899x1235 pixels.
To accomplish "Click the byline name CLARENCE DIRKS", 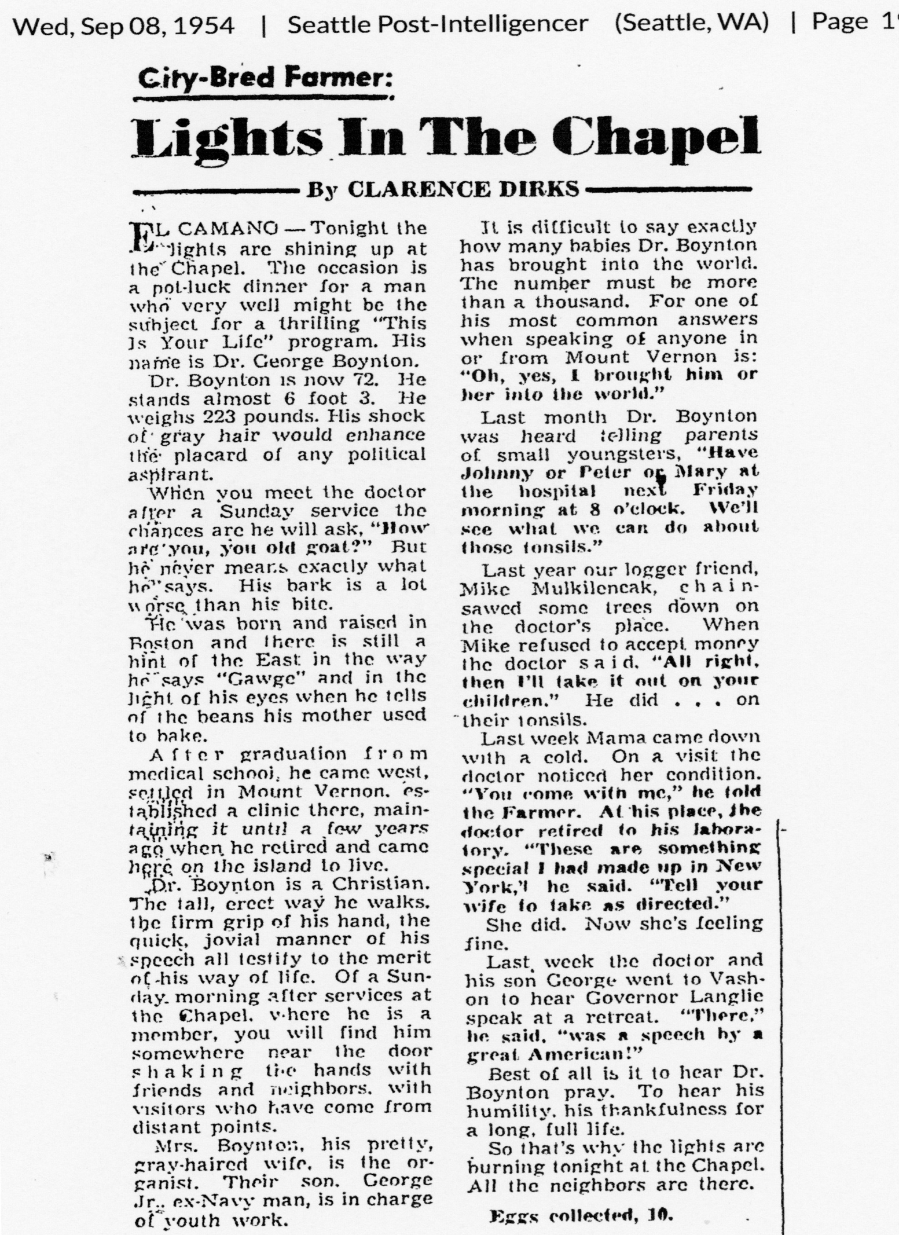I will coord(463,189).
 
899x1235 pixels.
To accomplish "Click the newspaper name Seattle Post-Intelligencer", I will coord(438,25).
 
